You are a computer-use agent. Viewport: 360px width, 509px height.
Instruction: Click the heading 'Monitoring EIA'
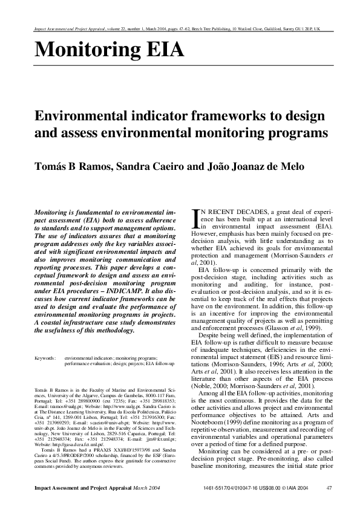coord(109,48)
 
